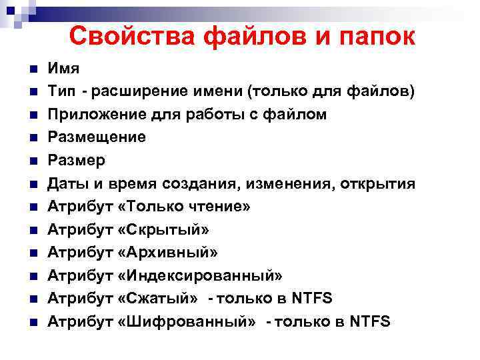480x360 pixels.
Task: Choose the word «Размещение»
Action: click(x=96, y=137)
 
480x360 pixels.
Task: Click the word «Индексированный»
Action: click(x=199, y=275)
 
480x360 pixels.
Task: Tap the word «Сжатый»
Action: click(x=157, y=298)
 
